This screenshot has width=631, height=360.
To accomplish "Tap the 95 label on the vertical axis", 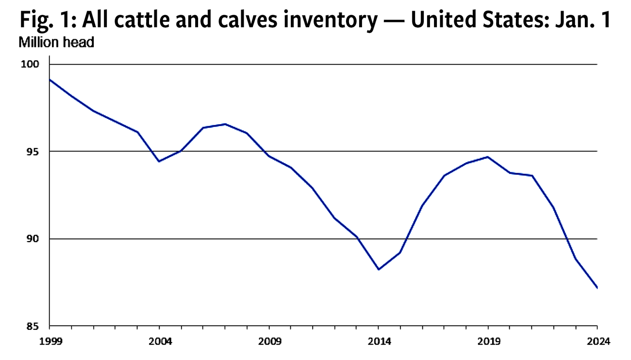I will (39, 151).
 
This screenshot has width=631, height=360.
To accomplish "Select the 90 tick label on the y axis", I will (39, 239).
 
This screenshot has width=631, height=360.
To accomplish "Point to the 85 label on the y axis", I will (39, 326).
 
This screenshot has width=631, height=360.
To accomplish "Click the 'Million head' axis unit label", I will (56, 43).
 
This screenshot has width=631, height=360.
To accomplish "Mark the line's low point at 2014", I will (379, 269).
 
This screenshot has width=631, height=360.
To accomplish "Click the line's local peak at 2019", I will (488, 157).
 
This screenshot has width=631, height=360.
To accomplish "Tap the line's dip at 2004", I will (159, 161).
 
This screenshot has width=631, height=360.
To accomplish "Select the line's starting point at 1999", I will (50, 80).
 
